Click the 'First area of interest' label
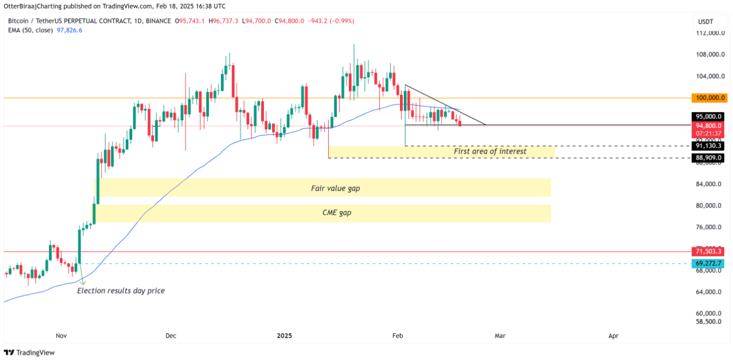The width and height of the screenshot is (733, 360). pos(490,151)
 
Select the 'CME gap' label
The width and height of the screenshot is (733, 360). pos(336,212)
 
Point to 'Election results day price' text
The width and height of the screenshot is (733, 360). pos(121,290)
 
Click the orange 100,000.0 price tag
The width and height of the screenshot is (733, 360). pos(710,98)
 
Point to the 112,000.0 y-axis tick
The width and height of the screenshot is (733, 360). pos(708,33)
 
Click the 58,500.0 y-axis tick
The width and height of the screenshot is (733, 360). pos(708,322)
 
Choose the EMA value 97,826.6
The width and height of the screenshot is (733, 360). pos(70,30)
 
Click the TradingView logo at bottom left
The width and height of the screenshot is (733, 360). pos(30,352)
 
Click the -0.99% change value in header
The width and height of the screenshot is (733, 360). pos(343,21)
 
